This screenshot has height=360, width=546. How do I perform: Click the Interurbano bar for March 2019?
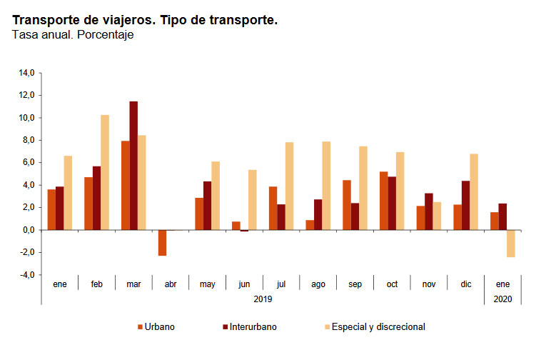pos(133,166)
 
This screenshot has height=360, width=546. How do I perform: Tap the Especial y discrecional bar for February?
pos(105,172)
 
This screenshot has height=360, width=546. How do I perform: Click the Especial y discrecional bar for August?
pos(326,186)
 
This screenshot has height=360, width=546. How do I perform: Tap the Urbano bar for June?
pos(236,226)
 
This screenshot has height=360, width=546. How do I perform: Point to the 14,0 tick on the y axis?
pos(27,73)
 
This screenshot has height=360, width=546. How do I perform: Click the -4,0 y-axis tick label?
pos(26,275)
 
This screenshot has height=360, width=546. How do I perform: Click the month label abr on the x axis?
pos(170,284)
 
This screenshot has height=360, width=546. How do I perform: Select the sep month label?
pos(355,284)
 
